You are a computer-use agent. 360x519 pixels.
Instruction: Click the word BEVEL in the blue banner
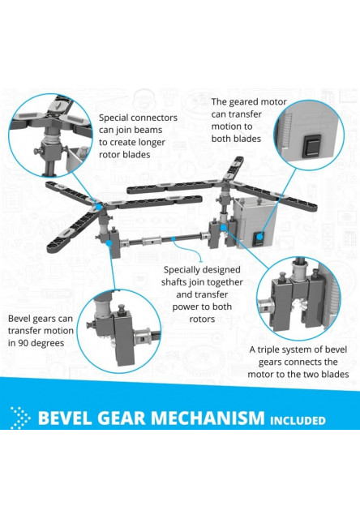66,418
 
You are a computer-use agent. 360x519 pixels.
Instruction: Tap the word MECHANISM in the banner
208,418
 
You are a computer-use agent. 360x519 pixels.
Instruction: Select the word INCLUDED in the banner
298,420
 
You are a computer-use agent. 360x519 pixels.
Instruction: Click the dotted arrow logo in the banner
19,418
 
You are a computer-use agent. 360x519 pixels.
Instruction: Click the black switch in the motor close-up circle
312,145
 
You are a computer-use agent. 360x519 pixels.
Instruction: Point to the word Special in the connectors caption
115,118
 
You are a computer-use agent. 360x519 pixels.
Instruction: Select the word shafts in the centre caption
174,282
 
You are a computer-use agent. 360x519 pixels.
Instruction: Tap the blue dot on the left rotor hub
99,207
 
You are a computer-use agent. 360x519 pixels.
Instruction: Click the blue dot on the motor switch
260,236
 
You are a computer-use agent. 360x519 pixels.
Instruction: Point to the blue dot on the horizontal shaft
173,238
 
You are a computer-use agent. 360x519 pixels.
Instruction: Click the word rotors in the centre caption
202,320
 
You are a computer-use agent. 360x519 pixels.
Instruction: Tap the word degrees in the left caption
49,343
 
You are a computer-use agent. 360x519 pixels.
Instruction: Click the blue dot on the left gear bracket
109,243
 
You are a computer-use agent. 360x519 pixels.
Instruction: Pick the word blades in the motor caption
246,139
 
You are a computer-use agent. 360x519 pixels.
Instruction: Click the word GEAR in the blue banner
122,418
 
